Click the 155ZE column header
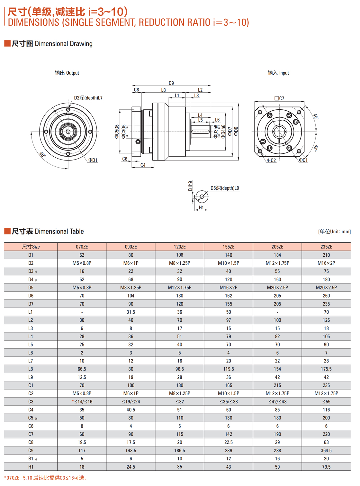228,247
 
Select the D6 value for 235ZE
326,296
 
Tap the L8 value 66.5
82,369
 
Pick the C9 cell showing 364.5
326,450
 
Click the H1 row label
31,467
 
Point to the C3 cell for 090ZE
130,401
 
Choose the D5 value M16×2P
228,288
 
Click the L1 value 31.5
130,312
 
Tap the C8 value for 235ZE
326,442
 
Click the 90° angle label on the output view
42,154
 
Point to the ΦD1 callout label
93,160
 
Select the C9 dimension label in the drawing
171,83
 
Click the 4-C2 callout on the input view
271,160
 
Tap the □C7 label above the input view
279,98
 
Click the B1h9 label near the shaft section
190,186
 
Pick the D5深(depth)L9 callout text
225,188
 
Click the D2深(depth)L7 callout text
88,98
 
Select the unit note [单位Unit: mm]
334,232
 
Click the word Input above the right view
284,73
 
